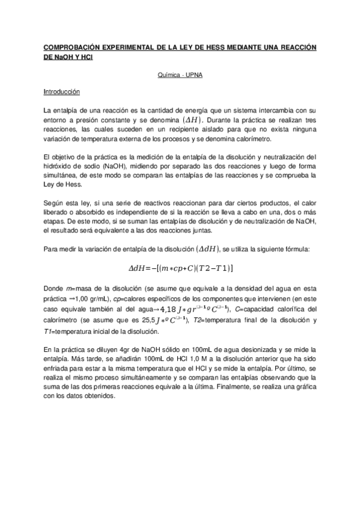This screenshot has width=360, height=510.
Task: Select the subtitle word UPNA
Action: tap(192, 76)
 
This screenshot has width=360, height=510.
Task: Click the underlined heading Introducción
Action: tap(62, 93)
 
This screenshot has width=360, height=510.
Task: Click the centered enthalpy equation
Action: tap(180, 267)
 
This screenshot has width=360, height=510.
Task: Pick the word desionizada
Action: tap(260, 349)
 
